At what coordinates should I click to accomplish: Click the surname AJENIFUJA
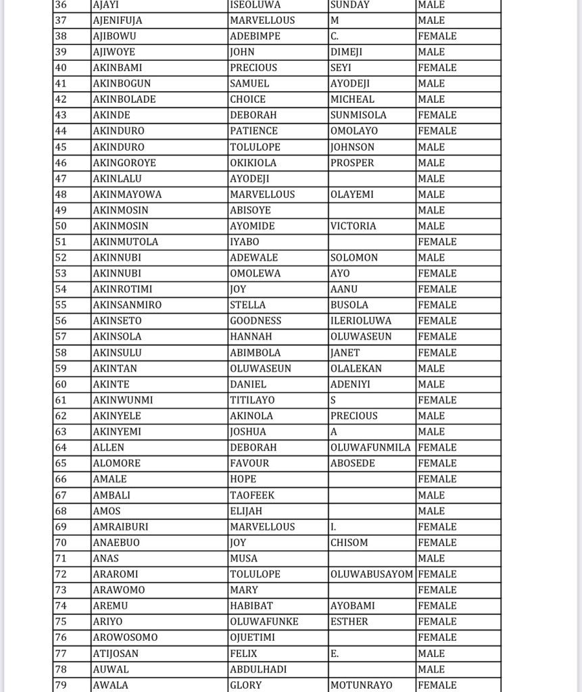(117, 20)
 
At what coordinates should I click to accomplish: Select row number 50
(62, 226)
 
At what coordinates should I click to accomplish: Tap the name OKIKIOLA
(253, 163)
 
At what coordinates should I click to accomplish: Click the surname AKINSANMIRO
(126, 305)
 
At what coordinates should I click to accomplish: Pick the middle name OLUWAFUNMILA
(370, 447)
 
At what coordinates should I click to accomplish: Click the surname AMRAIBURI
(120, 526)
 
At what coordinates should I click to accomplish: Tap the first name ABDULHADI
(258, 669)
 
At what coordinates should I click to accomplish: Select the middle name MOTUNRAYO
(362, 685)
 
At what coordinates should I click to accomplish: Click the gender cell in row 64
(437, 447)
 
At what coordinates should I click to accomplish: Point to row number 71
(62, 558)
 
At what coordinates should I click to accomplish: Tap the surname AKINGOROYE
(124, 163)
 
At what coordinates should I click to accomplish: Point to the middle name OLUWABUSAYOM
(371, 574)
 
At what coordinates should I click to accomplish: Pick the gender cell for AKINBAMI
(437, 68)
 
